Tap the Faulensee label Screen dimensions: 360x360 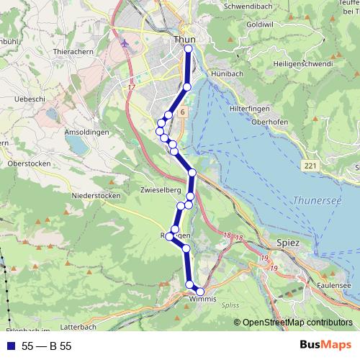[336, 287]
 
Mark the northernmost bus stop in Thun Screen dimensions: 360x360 [189, 49]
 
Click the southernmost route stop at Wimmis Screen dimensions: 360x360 [201, 291]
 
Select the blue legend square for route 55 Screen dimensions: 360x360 [9, 346]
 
